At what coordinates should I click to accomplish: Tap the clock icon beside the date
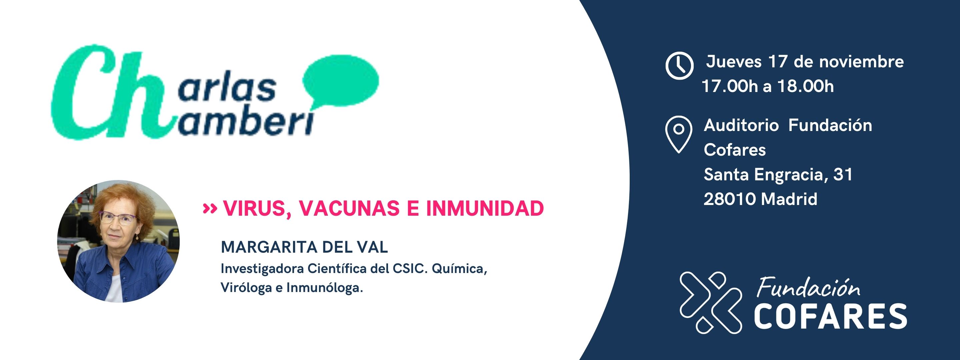tap(679, 66)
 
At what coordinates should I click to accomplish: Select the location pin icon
tap(679, 134)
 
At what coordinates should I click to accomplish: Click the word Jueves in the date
tap(733, 62)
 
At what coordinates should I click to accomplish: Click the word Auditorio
tap(741, 125)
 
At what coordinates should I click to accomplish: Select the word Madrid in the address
tap(789, 199)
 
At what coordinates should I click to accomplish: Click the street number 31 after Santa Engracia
tap(843, 174)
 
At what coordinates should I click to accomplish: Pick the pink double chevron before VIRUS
tap(209, 208)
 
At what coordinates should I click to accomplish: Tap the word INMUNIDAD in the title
tap(485, 208)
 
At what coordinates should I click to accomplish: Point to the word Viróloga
tap(246, 288)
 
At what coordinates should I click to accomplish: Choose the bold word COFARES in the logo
tap(830, 316)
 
